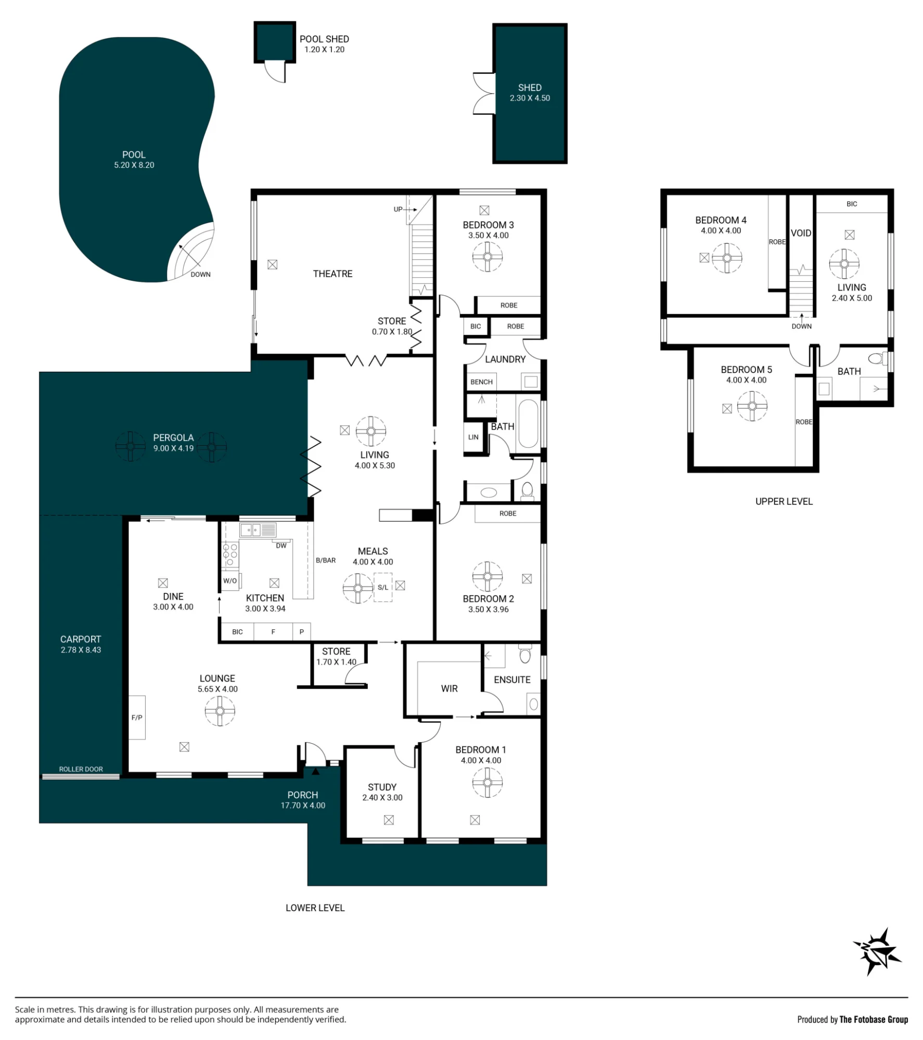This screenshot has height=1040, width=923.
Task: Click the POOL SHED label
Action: click(x=324, y=39)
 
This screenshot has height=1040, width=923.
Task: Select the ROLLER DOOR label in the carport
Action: click(x=81, y=769)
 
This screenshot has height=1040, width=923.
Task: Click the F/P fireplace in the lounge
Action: click(x=137, y=718)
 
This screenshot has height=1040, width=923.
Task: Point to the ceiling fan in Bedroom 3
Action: click(x=488, y=256)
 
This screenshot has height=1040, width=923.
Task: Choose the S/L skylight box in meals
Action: click(x=383, y=588)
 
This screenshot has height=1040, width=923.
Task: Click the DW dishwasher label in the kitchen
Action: click(x=281, y=545)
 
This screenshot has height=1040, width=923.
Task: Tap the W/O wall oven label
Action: click(x=230, y=581)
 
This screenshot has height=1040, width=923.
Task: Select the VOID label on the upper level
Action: click(x=801, y=233)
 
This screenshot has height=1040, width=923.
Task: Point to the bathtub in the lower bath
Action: click(x=528, y=424)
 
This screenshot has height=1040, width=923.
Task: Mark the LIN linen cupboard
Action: click(x=473, y=437)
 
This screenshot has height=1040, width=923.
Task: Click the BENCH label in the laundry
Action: click(x=481, y=382)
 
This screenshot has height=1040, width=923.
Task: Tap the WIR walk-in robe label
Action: click(x=450, y=688)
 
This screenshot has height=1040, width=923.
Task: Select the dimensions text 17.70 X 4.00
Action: click(x=303, y=805)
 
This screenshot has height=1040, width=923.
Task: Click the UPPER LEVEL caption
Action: click(x=784, y=501)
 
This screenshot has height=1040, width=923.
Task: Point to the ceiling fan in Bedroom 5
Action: click(x=752, y=406)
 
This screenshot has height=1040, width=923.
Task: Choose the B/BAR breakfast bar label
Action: click(x=326, y=560)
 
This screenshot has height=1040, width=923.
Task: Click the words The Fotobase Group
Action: click(x=874, y=1019)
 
